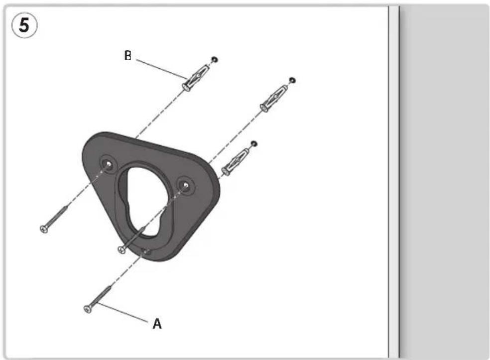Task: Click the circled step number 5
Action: [24, 25]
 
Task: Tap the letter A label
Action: [157, 324]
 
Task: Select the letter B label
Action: [128, 56]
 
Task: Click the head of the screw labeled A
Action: [88, 309]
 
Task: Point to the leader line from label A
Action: [122, 312]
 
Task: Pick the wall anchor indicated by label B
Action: [195, 78]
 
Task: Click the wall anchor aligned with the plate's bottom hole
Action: [235, 162]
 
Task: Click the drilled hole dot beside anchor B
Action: [214, 59]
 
